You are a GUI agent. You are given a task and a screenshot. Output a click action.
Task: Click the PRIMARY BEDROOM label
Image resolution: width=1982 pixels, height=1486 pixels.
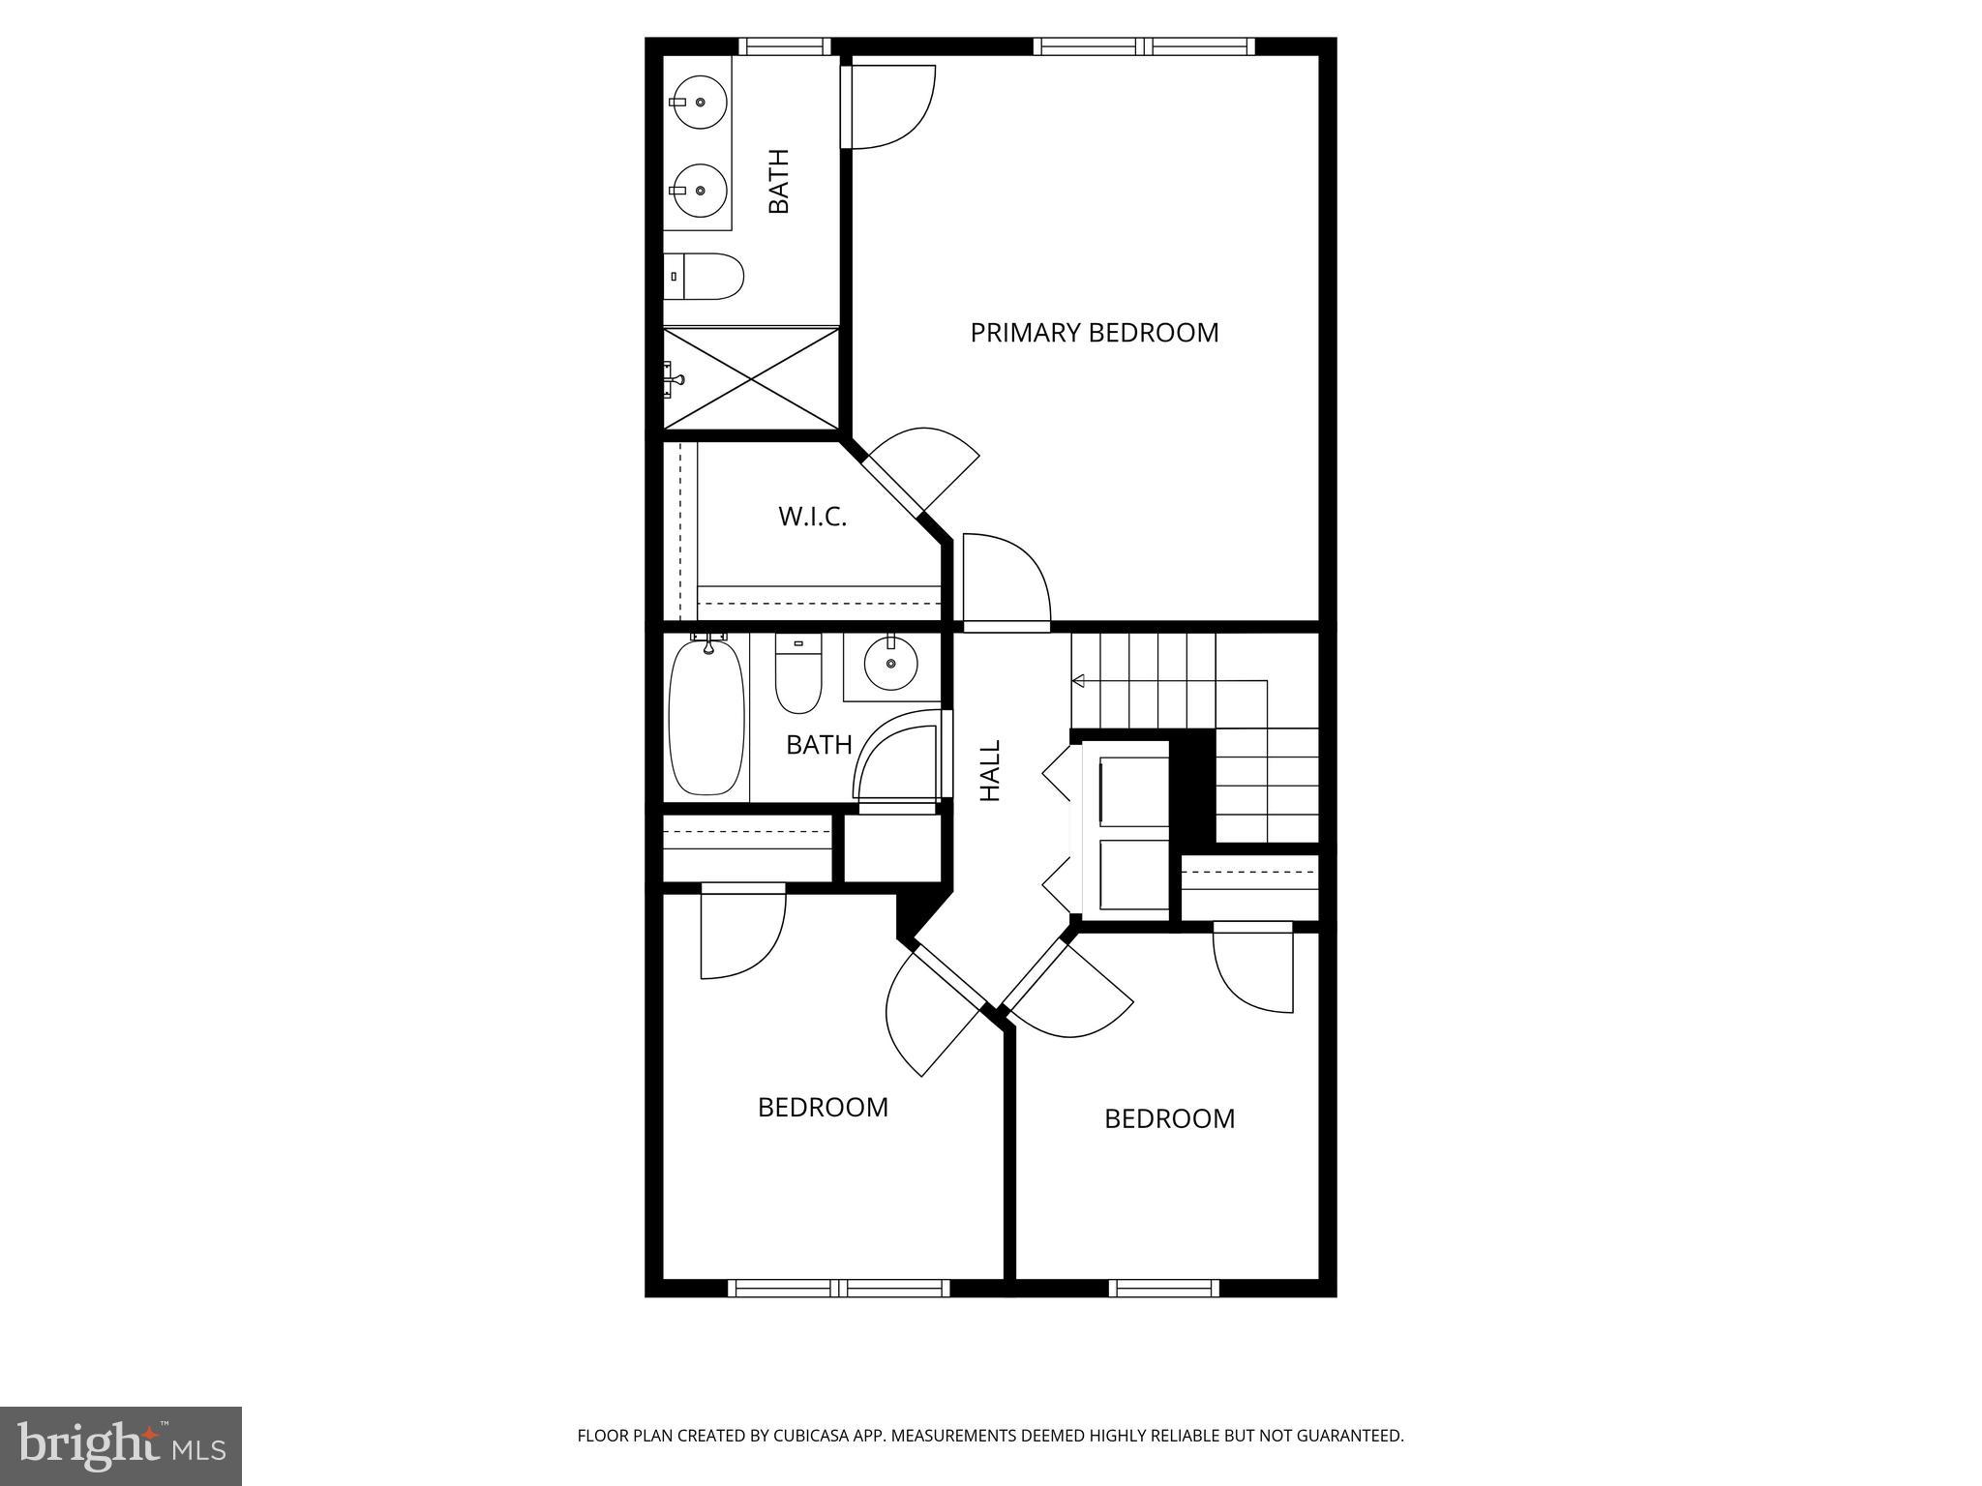pos(1094,333)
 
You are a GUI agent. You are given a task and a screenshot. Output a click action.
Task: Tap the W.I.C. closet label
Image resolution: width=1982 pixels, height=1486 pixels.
pos(812,517)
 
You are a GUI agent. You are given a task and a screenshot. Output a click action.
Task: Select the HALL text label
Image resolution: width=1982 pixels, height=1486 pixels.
pos(990,770)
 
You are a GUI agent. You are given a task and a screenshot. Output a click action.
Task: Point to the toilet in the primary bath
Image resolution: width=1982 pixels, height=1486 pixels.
pos(705,277)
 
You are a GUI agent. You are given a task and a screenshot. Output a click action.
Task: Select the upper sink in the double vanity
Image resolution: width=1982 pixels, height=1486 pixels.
pos(700,102)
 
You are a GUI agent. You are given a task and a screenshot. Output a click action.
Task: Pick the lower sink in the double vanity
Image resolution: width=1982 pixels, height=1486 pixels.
pos(700,192)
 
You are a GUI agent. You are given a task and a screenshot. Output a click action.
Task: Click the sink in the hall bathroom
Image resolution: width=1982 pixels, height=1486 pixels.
pos(890,664)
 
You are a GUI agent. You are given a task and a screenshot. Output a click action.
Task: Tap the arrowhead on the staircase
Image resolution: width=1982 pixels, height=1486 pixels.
pos(1078,681)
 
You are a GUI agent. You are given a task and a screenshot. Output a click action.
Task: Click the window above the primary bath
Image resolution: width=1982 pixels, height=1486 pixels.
pos(785,46)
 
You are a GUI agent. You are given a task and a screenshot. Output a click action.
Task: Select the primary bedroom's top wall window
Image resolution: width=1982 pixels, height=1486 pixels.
pos(1144,46)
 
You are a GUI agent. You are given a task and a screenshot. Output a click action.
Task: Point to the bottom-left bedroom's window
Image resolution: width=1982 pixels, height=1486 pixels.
pos(838,1288)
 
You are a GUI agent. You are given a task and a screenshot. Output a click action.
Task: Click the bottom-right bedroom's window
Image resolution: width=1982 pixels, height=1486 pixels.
pos(1163,1288)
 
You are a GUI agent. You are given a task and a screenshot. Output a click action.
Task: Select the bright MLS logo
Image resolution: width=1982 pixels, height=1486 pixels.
pos(120,1445)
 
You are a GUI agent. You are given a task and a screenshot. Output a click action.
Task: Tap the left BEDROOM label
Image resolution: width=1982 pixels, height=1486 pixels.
pos(823,1107)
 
